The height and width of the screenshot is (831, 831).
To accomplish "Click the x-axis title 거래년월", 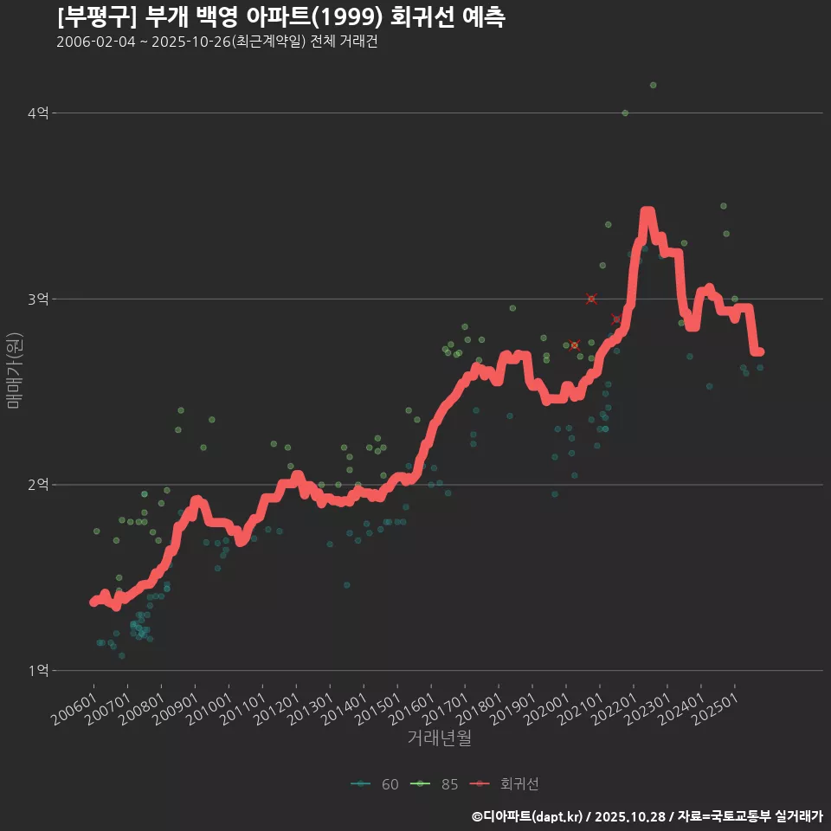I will pos(439,738).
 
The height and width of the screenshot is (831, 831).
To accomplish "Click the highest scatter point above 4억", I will pos(653,85).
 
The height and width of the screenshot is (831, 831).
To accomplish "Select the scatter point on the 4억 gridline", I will pos(625,113).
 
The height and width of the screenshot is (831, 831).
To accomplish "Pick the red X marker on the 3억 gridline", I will pos(591,299).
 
